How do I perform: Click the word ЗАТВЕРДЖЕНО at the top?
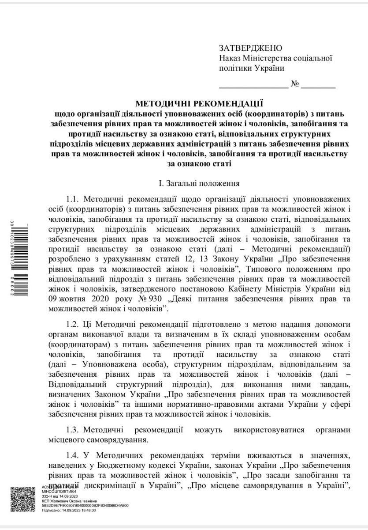[x=250, y=48]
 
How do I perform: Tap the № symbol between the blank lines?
[x=295, y=84]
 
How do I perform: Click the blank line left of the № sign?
[x=253, y=87]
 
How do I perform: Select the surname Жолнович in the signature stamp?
[x=57, y=501]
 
